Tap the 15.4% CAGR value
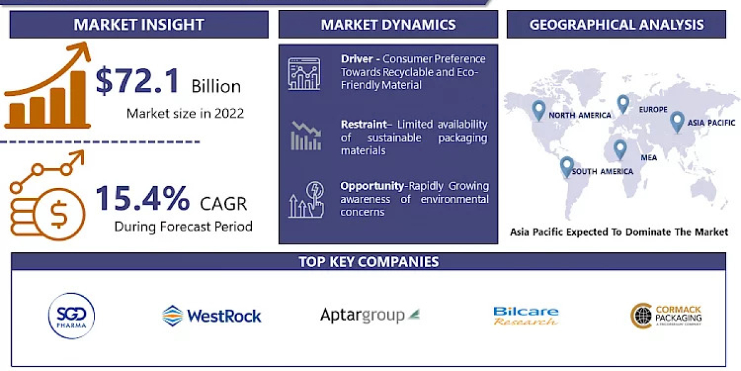(143, 198)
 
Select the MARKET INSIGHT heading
(139, 25)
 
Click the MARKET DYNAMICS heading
(388, 25)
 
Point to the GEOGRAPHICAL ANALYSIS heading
(616, 25)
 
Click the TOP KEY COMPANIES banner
(369, 262)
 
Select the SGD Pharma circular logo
(71, 315)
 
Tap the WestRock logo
(212, 316)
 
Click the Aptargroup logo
(369, 315)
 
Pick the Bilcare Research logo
(526, 316)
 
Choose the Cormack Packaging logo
(666, 315)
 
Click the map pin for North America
(538, 110)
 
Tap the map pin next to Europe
(622, 103)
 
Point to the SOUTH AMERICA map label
(602, 171)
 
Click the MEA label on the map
(648, 158)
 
